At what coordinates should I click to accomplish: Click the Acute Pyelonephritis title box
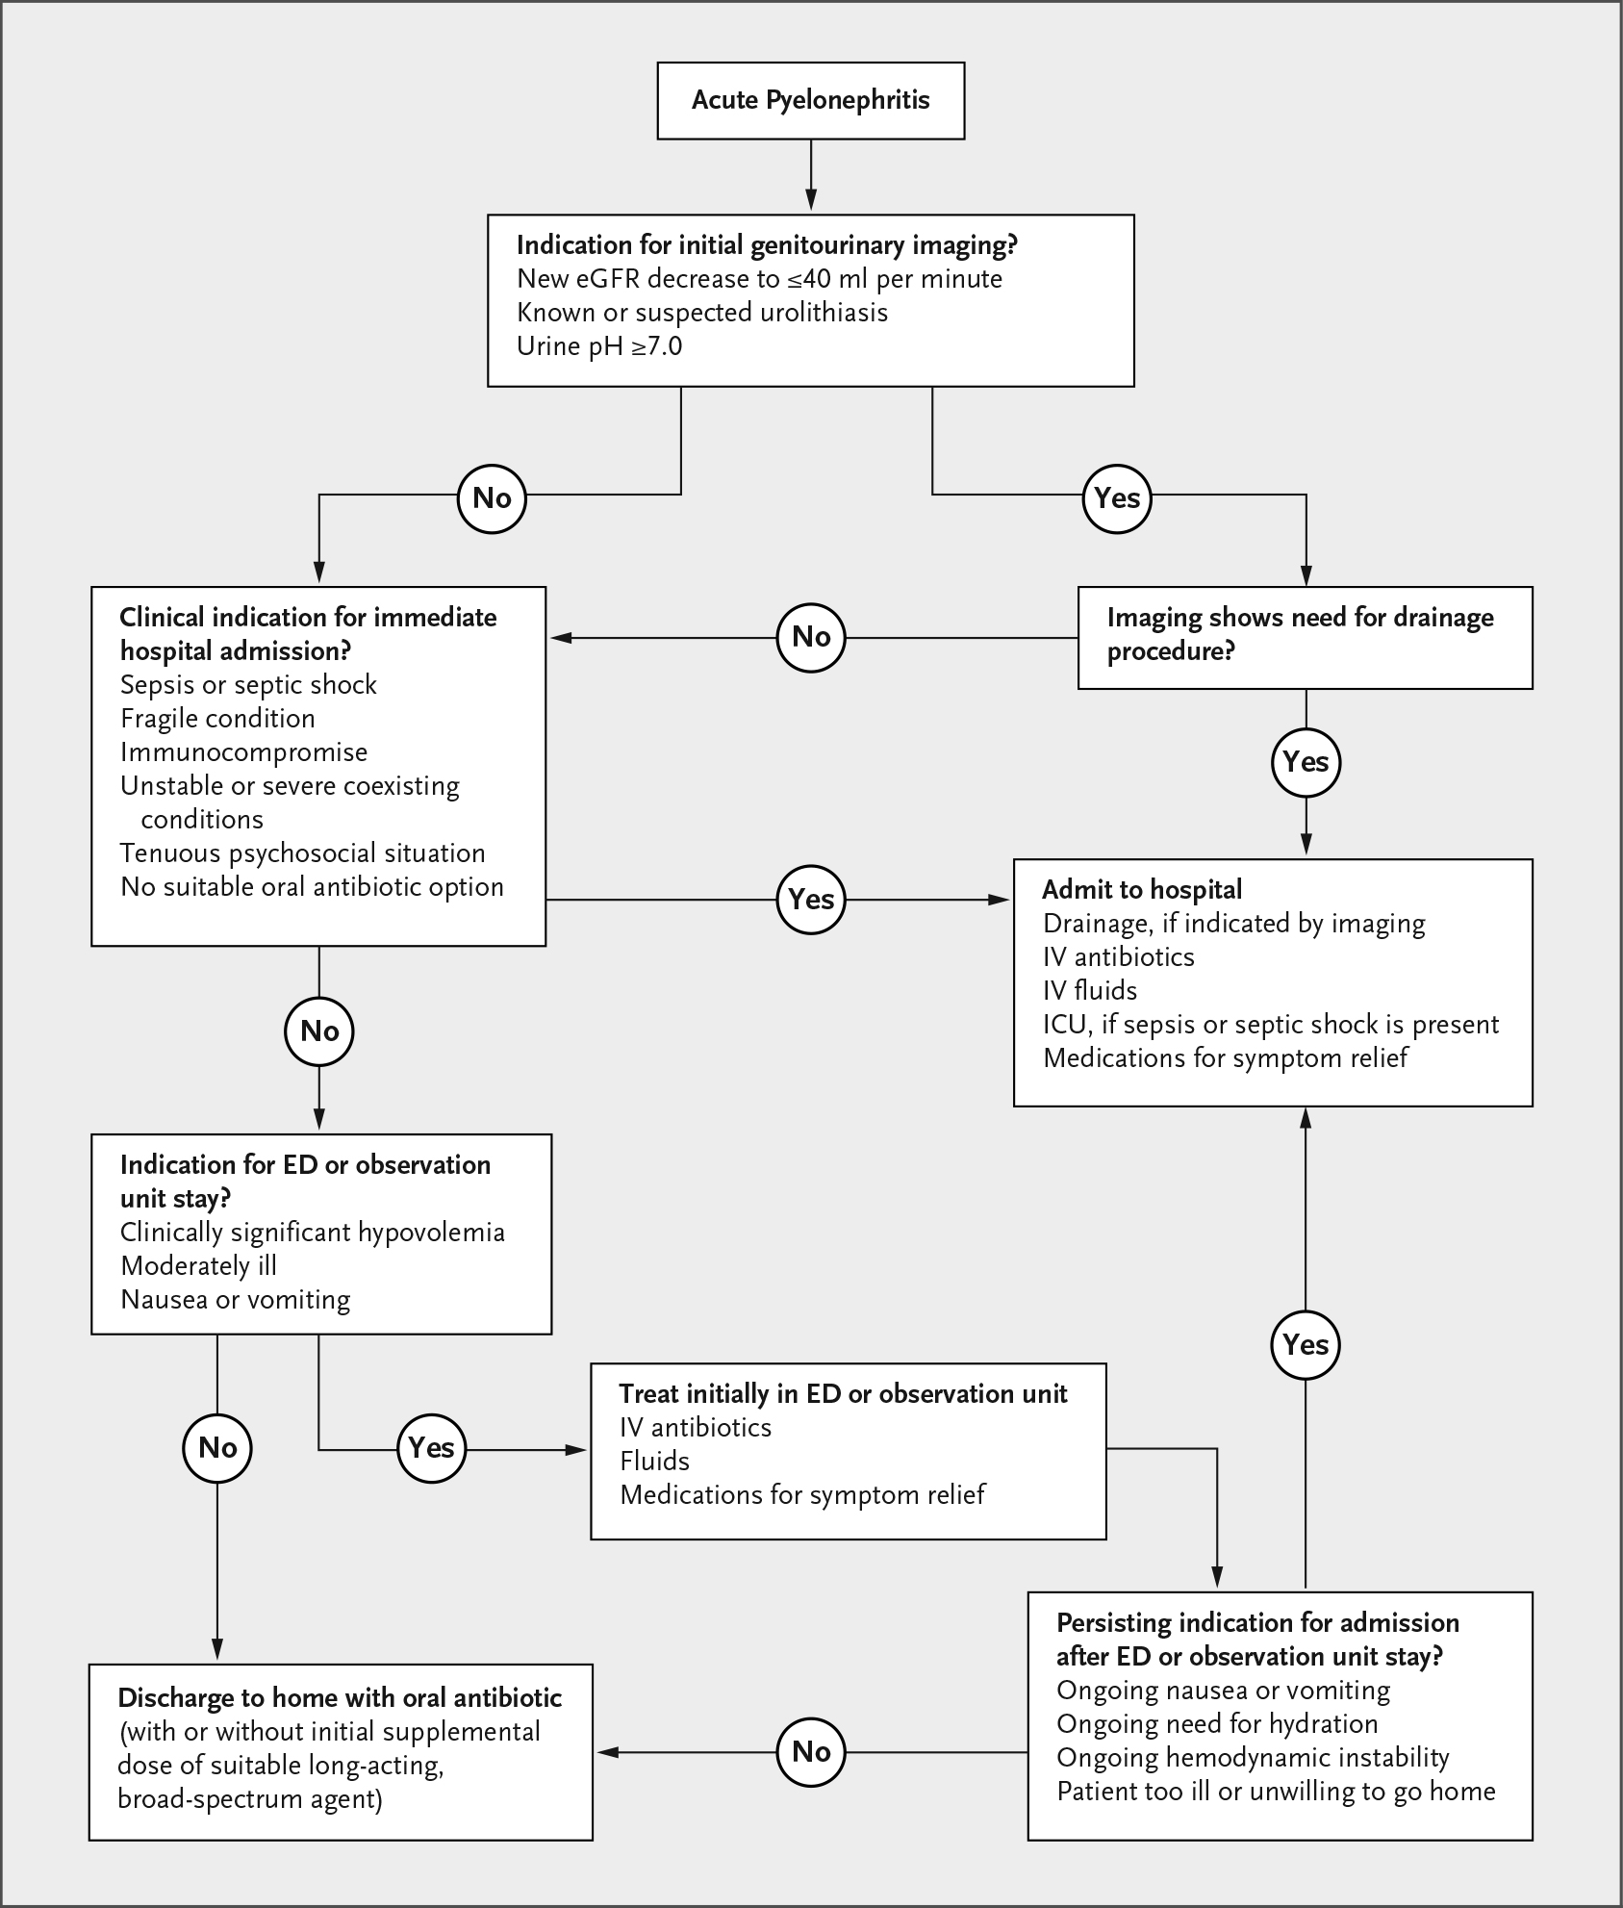point(810,101)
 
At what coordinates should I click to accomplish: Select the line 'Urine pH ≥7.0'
point(599,346)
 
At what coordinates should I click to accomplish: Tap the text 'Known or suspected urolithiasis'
point(702,313)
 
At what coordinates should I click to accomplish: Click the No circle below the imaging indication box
point(492,497)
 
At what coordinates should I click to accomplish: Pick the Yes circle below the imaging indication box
point(1117,497)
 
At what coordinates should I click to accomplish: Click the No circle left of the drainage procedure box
point(811,636)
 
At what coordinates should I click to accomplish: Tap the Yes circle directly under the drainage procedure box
point(1306,762)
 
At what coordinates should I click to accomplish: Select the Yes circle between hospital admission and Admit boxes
point(811,899)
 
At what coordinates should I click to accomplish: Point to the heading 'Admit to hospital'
point(1142,890)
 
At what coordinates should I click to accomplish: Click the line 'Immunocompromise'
point(243,752)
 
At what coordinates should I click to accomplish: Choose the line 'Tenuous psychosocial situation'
point(302,853)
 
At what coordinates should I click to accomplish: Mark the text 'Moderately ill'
point(198,1266)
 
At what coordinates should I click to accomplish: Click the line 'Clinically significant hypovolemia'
point(313,1233)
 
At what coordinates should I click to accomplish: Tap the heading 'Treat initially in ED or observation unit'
point(844,1394)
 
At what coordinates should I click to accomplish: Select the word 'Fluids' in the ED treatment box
point(655,1462)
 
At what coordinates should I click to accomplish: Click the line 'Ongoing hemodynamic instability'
point(1253,1758)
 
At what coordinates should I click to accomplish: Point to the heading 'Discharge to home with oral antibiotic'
point(340,1698)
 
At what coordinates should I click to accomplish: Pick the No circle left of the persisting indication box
point(811,1752)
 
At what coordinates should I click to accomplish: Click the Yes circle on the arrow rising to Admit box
point(1306,1344)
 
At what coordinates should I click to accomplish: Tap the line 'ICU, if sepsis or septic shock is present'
point(1271,1025)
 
